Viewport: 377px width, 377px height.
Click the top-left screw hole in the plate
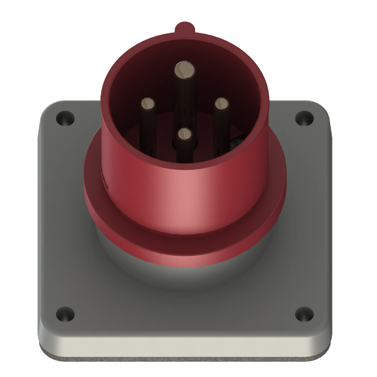tap(65, 118)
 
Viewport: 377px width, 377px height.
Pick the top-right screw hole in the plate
tap(304, 118)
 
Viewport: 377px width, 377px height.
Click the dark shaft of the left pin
tap(148, 131)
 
